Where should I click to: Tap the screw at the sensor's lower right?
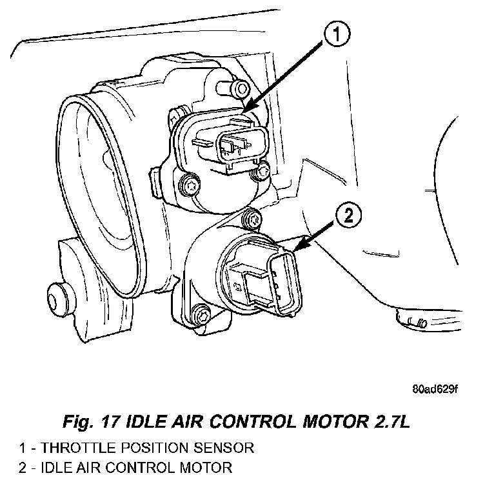262,172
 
